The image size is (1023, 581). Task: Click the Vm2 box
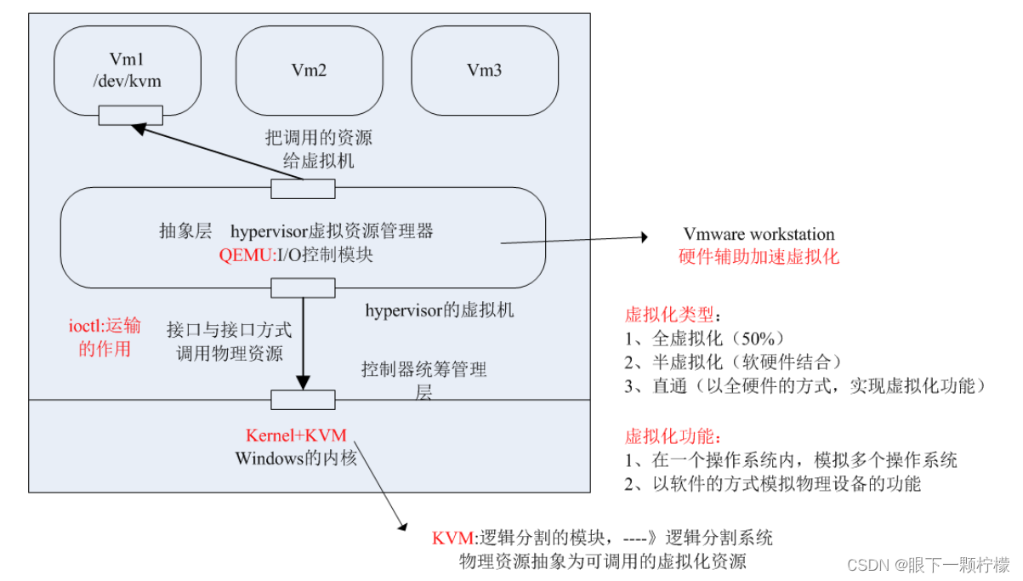tap(309, 71)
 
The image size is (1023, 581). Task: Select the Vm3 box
tap(485, 71)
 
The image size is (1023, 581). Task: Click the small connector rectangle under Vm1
tap(130, 115)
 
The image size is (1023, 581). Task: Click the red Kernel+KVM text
tap(296, 436)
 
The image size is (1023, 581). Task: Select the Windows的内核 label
tap(296, 458)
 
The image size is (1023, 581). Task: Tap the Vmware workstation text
tap(759, 234)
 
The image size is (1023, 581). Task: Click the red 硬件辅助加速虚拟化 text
tap(759, 257)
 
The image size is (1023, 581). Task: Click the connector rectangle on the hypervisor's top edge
tap(303, 189)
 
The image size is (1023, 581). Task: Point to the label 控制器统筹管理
tap(423, 370)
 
